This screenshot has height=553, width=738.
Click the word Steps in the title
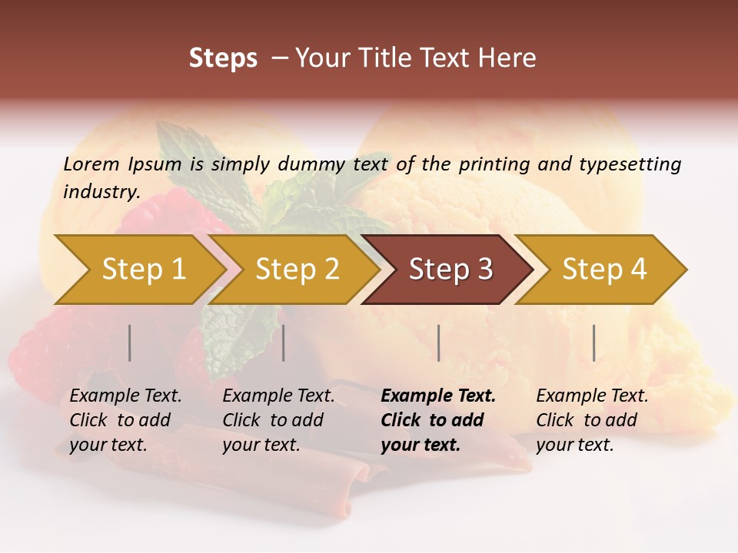223,58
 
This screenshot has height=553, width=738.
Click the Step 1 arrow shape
138,270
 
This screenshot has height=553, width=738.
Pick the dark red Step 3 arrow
450,270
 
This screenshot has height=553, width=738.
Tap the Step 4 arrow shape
603,270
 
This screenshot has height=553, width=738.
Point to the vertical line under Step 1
130,343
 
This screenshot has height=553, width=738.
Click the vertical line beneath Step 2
284,343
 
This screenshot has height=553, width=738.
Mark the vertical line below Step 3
439,343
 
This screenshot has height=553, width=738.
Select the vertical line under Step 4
594,343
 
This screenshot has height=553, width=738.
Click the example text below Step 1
125,420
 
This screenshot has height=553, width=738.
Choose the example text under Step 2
278,420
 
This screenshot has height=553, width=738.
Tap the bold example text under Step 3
438,420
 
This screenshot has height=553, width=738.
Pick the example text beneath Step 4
592,420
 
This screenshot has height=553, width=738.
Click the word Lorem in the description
91,164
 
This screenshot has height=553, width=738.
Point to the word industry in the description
101,192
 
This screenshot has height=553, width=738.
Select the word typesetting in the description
630,164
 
